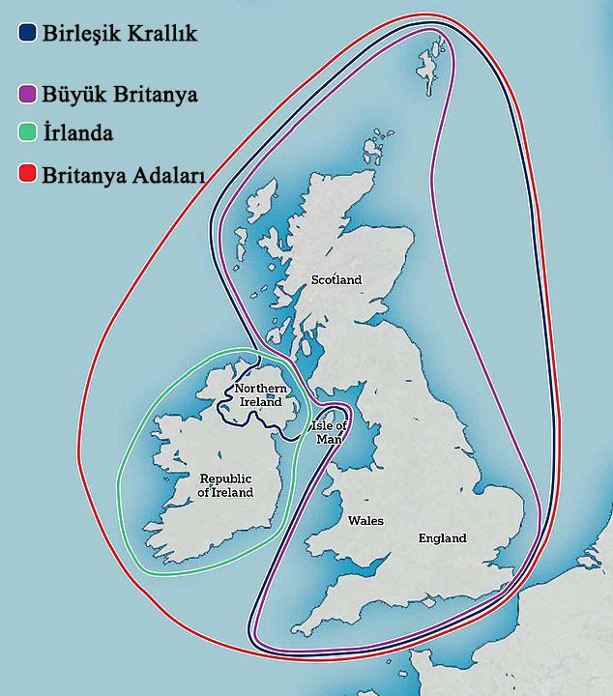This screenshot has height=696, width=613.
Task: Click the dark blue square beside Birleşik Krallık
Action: (26, 33)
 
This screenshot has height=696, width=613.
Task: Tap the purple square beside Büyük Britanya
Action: (26, 95)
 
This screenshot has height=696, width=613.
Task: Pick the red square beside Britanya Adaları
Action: (26, 175)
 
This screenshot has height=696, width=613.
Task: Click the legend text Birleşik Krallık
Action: (119, 34)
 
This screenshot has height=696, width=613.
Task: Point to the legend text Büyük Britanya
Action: (119, 96)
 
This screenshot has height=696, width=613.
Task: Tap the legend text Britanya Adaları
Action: (119, 176)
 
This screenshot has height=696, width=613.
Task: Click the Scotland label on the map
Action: (336, 280)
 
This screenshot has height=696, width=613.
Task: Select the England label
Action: (442, 538)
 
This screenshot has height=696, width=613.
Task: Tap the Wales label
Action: (365, 521)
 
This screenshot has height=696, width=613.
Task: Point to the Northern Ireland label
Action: (258, 395)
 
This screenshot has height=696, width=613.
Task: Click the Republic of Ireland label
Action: (225, 485)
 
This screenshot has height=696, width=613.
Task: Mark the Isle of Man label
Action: (327, 432)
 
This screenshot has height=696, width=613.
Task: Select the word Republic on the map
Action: (225, 478)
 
